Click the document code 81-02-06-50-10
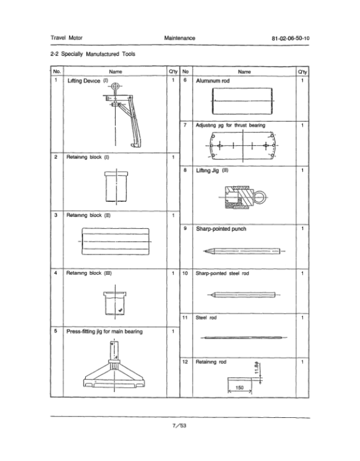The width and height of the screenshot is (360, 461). tap(290, 38)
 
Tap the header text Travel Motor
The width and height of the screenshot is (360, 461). tap(67, 38)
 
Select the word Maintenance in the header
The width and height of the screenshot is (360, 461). tap(179, 38)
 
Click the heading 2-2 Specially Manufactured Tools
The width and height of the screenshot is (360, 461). tap(93, 54)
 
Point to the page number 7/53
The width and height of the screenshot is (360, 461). tap(179, 426)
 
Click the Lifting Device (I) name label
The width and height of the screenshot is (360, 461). tap(88, 81)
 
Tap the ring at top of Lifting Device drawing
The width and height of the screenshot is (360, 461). tap(115, 86)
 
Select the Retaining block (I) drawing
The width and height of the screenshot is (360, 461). tap(116, 187)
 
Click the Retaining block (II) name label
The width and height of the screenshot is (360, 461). tap(88, 215)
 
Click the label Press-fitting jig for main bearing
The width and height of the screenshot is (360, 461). tap(104, 331)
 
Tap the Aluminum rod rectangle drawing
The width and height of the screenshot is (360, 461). tap(242, 101)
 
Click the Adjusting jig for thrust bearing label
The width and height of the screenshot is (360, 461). tap(230, 125)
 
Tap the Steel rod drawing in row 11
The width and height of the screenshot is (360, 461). tap(244, 338)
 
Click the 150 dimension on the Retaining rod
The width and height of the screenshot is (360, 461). tap(239, 388)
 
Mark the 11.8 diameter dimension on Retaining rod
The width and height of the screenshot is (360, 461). tap(257, 367)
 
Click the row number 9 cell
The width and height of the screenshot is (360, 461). tap(185, 229)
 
